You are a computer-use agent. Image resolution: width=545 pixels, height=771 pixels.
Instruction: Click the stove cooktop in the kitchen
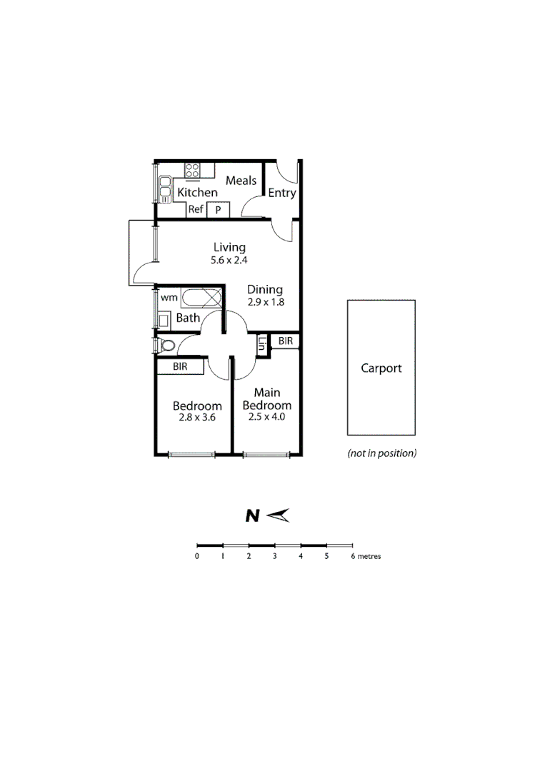[x=192, y=170]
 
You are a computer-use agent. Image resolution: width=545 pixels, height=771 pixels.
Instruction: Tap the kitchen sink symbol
[x=164, y=191]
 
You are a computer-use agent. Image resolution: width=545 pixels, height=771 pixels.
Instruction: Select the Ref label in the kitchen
[x=196, y=209]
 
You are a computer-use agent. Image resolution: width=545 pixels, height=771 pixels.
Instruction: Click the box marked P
[x=218, y=210]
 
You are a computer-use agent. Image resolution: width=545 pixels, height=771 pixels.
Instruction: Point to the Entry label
[x=281, y=193]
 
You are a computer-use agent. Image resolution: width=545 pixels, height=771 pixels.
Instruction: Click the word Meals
[x=241, y=181]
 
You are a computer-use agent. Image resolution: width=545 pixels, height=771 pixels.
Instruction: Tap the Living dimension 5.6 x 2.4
[x=229, y=261]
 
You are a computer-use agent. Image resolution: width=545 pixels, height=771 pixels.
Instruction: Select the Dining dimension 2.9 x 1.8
[x=265, y=302]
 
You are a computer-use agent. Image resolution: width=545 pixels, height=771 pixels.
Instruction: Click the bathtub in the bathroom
[x=201, y=298]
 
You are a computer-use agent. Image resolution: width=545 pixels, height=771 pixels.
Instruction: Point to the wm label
[x=168, y=297]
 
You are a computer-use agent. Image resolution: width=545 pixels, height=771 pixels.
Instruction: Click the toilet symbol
[x=167, y=346]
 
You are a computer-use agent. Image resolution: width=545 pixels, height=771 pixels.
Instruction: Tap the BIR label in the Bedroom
[x=180, y=366]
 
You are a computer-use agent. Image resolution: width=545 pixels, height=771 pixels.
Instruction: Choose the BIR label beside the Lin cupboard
[x=286, y=341]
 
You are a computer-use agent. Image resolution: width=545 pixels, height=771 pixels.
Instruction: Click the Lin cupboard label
[x=262, y=346]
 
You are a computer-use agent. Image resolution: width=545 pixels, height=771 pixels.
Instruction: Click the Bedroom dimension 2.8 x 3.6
[x=197, y=418]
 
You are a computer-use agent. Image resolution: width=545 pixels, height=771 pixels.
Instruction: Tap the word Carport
[x=381, y=368]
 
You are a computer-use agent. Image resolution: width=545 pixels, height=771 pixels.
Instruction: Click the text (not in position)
[x=381, y=453]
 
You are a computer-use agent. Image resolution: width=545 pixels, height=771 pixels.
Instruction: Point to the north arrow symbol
[x=276, y=515]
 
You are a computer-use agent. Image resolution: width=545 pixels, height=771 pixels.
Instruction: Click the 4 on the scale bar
[x=301, y=556]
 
